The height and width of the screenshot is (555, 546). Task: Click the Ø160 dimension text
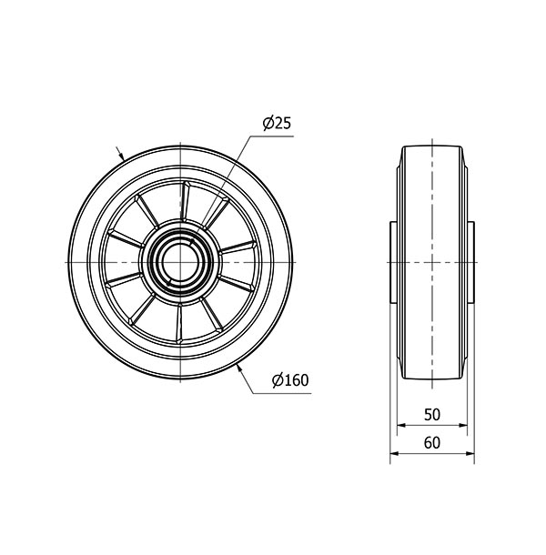point(288,381)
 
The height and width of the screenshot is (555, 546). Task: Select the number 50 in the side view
point(432,415)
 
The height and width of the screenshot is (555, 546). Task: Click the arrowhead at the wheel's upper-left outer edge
point(125,159)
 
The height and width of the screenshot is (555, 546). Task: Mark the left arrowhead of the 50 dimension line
point(401,425)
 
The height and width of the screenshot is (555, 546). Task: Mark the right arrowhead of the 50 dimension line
point(464,425)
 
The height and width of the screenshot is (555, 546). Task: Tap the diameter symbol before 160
point(277,381)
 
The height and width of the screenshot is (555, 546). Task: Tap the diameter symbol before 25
point(259,125)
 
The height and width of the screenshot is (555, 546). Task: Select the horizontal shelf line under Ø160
point(291,393)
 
